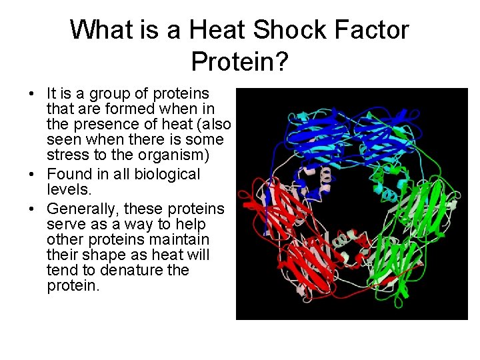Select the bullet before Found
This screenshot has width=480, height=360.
[x=33, y=175]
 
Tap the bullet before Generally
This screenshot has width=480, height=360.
[x=33, y=208]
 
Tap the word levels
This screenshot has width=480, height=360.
[x=66, y=189]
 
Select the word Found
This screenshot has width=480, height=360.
[x=67, y=175]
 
